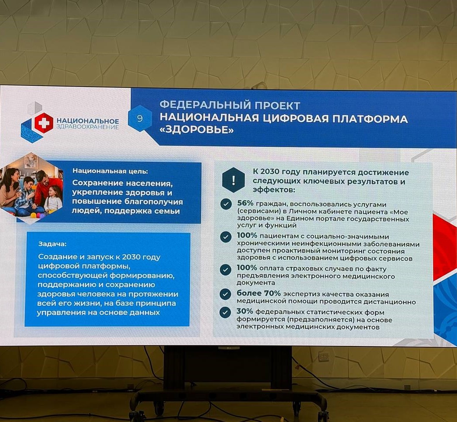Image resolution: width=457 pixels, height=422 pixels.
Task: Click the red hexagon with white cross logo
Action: (44, 123)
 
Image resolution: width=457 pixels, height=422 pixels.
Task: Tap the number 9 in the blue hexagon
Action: (140, 118)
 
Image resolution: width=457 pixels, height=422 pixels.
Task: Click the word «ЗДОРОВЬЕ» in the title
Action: (197, 130)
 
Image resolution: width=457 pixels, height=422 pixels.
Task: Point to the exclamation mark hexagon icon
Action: (233, 180)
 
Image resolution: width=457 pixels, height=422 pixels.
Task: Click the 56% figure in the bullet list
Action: (245, 204)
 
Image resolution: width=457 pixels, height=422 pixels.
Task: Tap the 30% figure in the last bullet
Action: (245, 312)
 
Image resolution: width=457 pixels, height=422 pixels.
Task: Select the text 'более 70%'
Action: (258, 293)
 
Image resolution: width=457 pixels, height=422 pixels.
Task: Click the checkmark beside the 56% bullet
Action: (226, 204)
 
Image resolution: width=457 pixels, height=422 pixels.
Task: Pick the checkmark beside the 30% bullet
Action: (225, 313)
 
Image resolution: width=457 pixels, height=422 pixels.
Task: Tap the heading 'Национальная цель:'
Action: (110, 171)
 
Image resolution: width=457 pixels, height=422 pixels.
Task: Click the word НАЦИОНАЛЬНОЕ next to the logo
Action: (88, 121)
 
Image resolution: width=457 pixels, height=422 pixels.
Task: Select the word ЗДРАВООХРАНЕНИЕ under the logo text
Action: (88, 127)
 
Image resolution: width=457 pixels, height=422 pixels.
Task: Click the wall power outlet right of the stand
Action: (323, 357)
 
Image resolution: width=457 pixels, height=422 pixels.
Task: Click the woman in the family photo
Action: (10, 189)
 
